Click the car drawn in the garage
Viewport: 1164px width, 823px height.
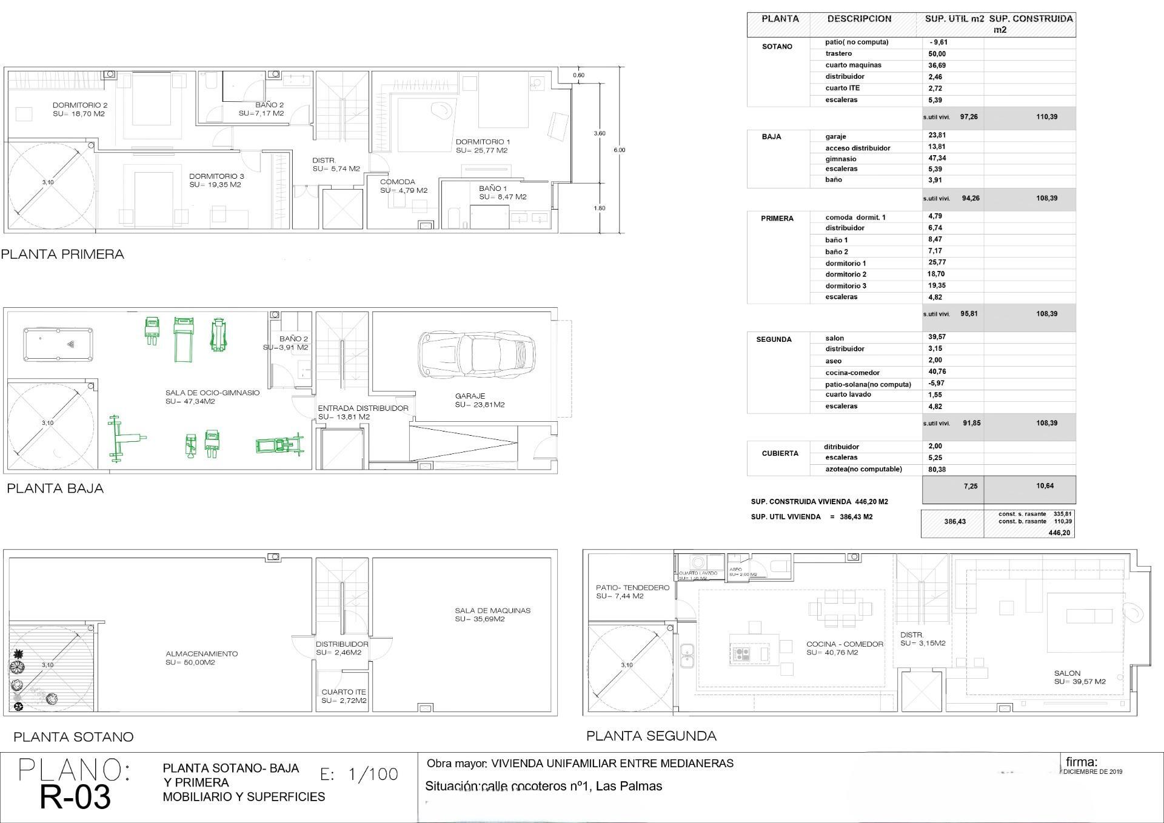477,354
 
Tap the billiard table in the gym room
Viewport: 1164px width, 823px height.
58,344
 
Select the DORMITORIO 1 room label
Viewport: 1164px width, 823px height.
483,142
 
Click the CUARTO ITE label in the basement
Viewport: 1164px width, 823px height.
344,691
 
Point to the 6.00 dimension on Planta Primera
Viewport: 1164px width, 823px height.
619,150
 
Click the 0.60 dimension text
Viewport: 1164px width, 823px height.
579,75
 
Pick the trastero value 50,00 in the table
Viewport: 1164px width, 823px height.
937,54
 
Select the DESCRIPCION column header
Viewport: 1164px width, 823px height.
859,19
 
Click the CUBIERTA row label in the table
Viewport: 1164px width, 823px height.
780,453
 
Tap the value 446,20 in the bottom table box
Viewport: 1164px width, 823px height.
1059,533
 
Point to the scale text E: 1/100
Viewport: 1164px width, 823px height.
359,774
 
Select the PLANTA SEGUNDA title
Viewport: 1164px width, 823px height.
651,736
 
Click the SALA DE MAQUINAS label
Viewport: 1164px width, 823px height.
492,610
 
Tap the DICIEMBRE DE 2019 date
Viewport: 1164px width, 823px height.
1093,771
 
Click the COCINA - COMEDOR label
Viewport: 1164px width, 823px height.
845,644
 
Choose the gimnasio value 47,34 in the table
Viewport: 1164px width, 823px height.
937,158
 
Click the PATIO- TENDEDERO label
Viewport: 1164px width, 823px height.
632,587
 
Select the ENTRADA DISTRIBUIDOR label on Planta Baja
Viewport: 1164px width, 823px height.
363,408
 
